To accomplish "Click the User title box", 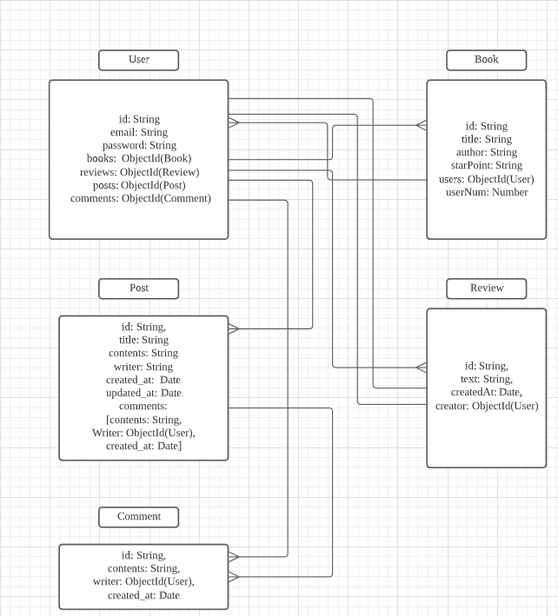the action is coord(139,60).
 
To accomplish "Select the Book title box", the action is coord(487,60).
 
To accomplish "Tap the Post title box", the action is coord(139,288).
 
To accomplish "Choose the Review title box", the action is coord(487,288).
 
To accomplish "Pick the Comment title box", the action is coord(139,517).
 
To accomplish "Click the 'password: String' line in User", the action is coord(139,145).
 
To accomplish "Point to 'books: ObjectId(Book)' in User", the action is coord(139,158).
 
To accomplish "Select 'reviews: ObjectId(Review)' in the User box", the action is coord(139,172).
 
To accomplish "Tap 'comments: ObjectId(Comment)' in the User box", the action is coord(141,198).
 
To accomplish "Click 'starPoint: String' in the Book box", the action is coord(487,165).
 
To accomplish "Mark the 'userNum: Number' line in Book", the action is coord(487,192).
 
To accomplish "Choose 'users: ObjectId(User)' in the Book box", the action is coord(487,179).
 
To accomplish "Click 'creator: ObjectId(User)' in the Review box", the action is coord(487,406).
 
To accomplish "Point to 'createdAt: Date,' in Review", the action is coord(487,392).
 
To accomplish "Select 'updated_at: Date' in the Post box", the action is coord(143,393).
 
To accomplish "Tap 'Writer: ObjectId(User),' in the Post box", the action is coord(143,433).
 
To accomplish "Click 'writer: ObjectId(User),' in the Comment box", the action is coord(143,581).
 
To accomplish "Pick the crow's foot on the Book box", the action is coord(422,125).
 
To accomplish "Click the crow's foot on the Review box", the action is coord(422,368).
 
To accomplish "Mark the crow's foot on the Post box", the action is coord(234,328).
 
